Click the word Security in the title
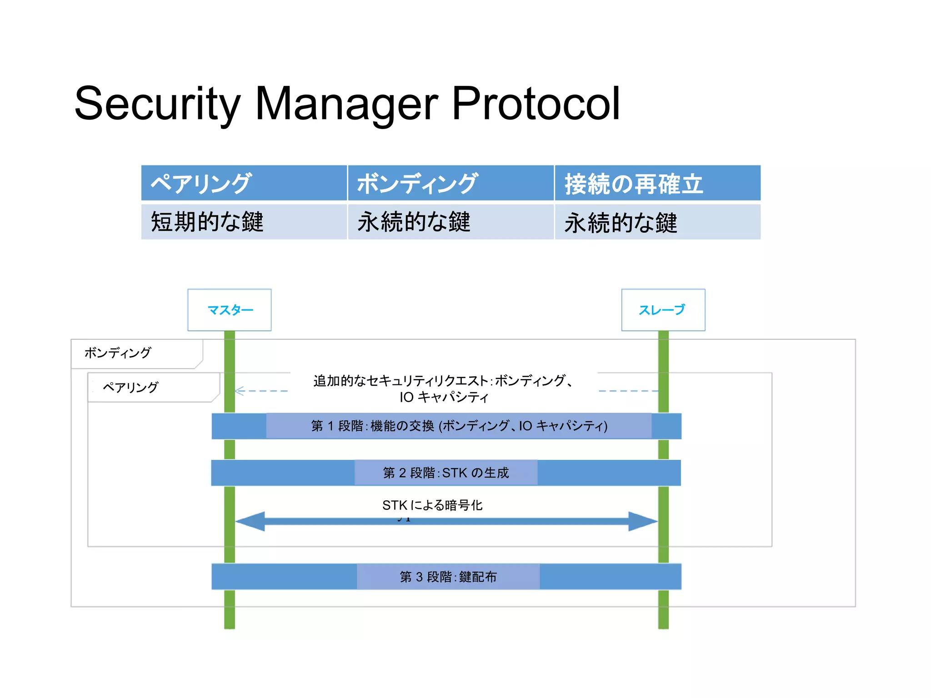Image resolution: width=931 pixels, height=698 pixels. click(157, 104)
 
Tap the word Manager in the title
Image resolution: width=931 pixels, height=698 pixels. click(346, 104)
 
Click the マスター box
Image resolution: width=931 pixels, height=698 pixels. click(230, 310)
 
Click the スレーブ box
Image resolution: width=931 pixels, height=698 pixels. click(663, 310)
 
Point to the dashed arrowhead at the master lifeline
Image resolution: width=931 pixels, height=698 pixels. click(240, 391)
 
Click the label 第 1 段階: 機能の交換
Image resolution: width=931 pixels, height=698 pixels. click(459, 426)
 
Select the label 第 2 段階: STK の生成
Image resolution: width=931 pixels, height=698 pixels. click(446, 473)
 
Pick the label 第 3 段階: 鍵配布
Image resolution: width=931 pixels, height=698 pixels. click(448, 577)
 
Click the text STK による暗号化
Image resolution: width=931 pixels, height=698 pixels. click(432, 505)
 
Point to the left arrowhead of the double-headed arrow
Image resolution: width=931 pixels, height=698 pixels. click(250, 521)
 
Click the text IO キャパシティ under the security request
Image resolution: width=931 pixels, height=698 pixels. click(444, 397)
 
